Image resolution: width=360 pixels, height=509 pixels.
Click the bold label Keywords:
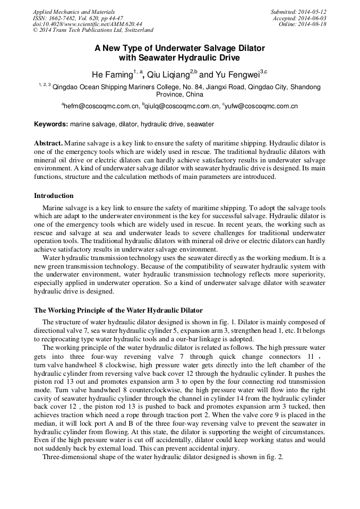click(x=51, y=125)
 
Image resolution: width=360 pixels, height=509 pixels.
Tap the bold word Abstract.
click(x=48, y=143)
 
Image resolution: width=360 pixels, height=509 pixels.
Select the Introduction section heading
click(x=54, y=196)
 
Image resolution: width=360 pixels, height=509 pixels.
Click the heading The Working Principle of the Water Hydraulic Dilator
click(x=118, y=310)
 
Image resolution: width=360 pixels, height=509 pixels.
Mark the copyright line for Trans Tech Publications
click(x=93, y=31)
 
